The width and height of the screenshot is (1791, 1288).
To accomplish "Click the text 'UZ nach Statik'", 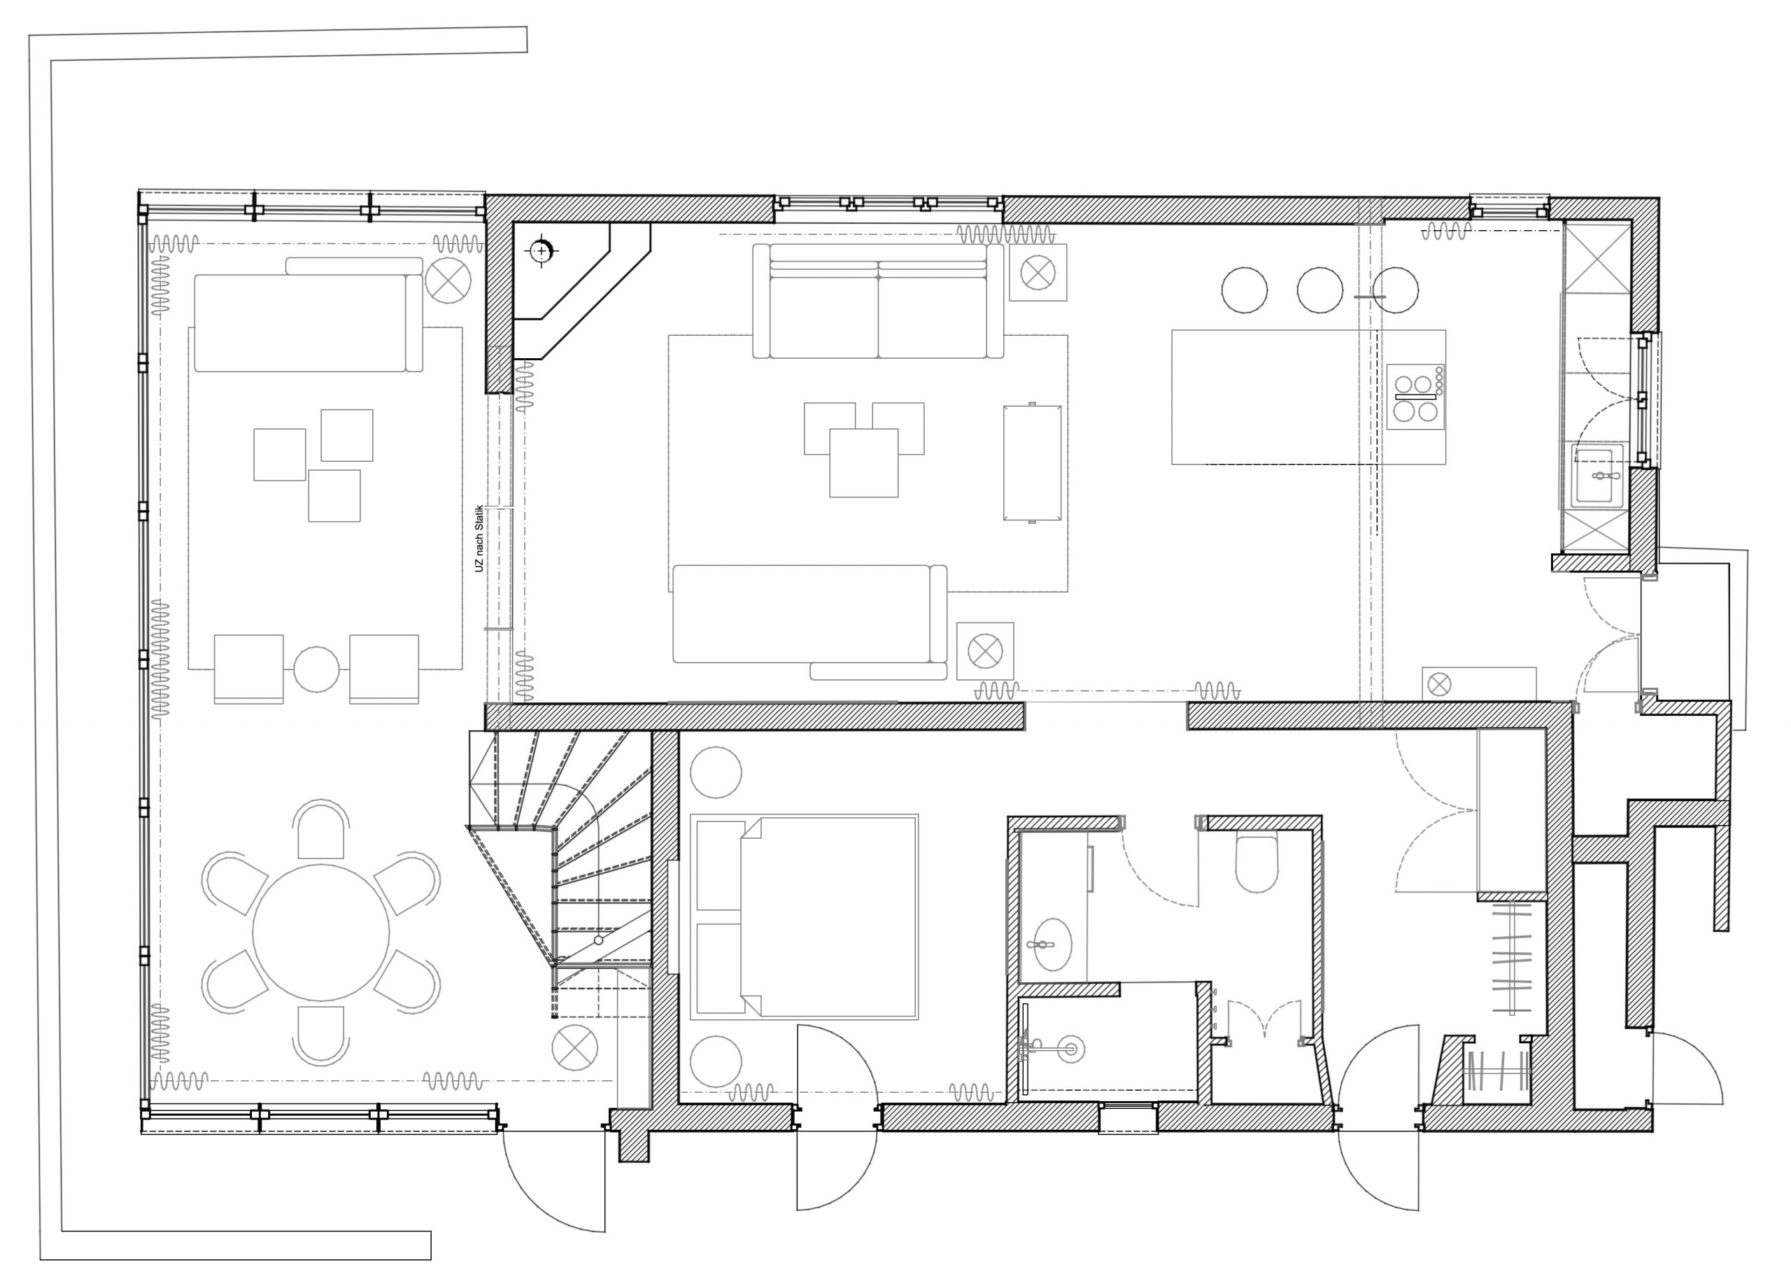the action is [479, 538].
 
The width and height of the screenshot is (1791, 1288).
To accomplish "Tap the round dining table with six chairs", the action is [320, 932].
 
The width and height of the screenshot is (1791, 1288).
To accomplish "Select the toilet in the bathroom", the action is [1256, 863].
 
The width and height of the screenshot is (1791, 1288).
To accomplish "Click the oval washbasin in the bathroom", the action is [1051, 944].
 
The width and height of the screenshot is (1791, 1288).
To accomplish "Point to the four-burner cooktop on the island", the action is [1416, 397].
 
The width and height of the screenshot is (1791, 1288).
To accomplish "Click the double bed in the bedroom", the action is [804, 917].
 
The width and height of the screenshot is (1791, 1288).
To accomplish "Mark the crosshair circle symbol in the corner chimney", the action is [541, 251].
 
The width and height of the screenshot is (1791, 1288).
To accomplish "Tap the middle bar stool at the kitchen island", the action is [1319, 290].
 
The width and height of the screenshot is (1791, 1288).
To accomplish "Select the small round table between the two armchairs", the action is [317, 669].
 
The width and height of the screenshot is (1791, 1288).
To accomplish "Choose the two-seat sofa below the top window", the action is [878, 301].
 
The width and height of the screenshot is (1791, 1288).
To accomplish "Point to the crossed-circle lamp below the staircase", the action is [575, 1048].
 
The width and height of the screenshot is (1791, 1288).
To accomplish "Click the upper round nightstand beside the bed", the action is [716, 772].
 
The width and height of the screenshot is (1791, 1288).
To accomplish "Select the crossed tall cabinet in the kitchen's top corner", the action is [1597, 257].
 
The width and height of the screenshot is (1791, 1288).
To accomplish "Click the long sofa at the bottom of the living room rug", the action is [810, 615].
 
